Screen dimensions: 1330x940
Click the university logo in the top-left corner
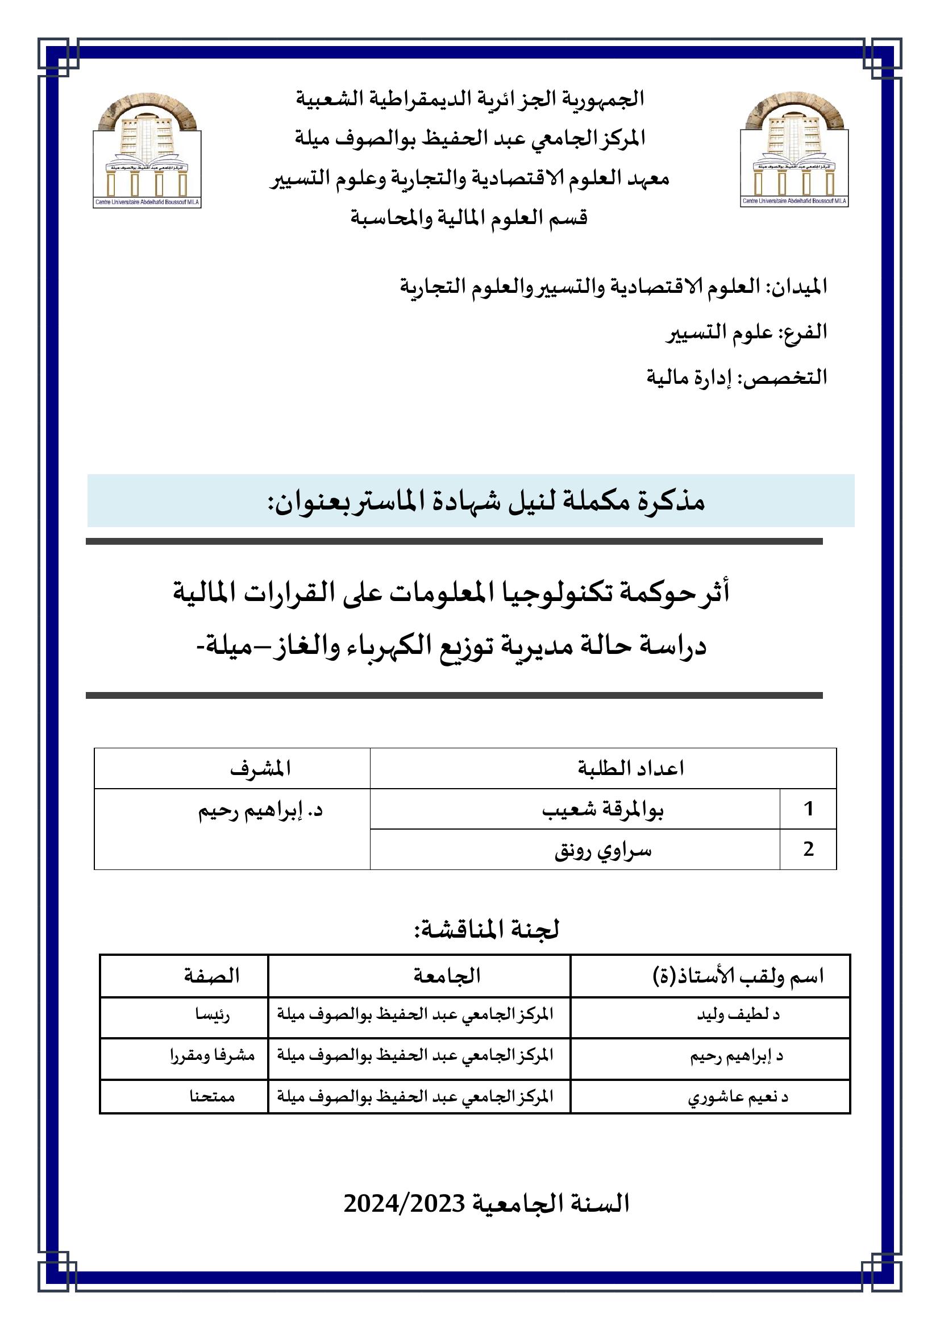tap(147, 150)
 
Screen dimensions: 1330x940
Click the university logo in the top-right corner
tap(794, 150)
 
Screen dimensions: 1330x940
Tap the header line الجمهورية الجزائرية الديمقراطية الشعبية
tap(470, 98)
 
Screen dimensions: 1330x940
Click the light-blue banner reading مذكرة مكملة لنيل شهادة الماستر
tap(470, 501)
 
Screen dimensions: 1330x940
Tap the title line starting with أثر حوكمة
tap(451, 593)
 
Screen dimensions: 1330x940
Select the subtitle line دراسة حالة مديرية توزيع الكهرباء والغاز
tap(451, 646)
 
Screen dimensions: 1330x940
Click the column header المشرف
tap(260, 769)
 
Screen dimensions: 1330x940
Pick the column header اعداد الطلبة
tap(631, 769)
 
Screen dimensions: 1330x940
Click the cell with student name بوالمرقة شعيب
tap(602, 809)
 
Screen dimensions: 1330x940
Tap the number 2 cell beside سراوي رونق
tap(808, 849)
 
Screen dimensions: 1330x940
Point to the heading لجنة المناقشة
tap(486, 930)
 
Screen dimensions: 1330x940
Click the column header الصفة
tap(212, 976)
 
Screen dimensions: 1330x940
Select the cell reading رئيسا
tap(213, 1014)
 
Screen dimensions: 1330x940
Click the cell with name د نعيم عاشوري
tap(738, 1096)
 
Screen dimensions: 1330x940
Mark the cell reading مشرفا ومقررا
tap(213, 1055)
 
